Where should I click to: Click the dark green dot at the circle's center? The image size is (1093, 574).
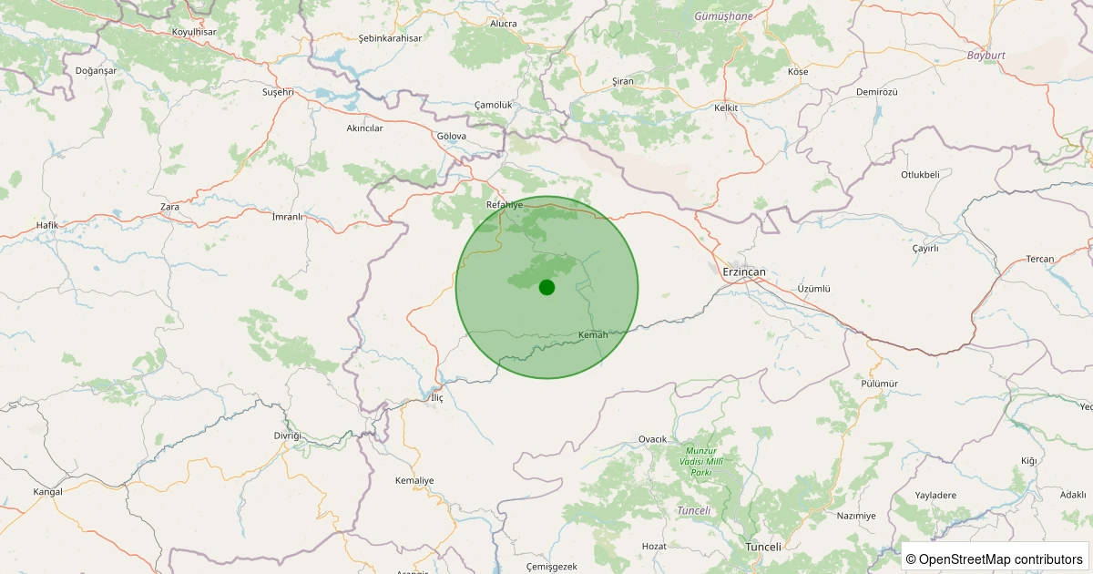tap(546, 287)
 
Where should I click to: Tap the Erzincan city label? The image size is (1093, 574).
tap(744, 272)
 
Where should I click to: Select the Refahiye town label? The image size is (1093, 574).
tap(505, 205)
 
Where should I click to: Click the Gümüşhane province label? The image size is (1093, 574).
tap(724, 16)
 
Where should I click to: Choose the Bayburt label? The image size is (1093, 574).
tap(986, 56)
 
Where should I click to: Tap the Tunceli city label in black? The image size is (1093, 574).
tap(763, 547)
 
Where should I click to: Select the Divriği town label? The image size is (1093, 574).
tap(287, 436)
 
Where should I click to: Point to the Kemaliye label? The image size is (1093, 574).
tap(414, 480)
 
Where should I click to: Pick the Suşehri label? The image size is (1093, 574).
tap(278, 92)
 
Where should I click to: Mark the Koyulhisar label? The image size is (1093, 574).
tap(193, 32)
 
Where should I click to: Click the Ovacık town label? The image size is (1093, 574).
tap(653, 439)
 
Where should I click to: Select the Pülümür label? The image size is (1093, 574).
tap(879, 384)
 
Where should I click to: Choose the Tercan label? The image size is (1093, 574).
tap(1040, 259)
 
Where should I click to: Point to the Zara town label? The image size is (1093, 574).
tap(169, 207)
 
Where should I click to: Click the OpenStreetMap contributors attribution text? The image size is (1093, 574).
tap(995, 559)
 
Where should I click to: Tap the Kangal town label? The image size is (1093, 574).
tap(47, 492)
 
